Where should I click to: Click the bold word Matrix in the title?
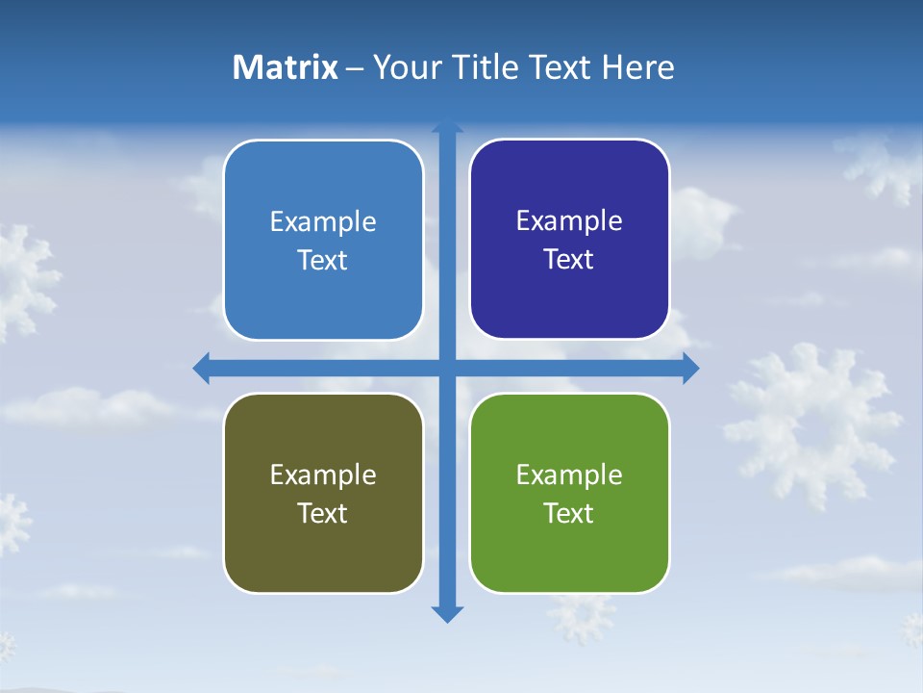click(x=285, y=67)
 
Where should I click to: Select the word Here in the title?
click(x=637, y=67)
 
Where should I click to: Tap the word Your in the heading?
click(x=406, y=67)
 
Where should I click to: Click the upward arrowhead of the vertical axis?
click(x=447, y=127)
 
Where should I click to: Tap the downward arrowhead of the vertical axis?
click(x=447, y=613)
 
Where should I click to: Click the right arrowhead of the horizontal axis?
click(x=690, y=368)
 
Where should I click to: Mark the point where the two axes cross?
click(x=447, y=368)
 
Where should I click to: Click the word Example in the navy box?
click(x=569, y=220)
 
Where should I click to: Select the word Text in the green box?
click(x=569, y=513)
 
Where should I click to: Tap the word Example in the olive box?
click(x=323, y=475)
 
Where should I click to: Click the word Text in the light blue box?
click(x=323, y=260)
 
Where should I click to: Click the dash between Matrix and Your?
click(x=355, y=68)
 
